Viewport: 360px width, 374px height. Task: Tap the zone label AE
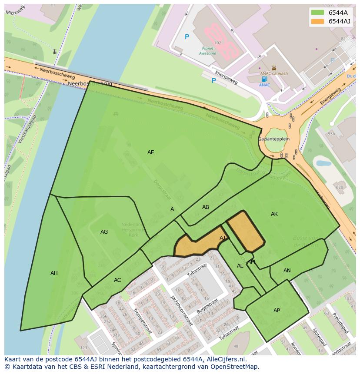pyautogui.click(x=150, y=152)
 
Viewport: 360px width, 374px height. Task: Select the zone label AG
pyautogui.click(x=104, y=232)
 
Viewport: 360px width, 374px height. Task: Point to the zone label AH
pyautogui.click(x=54, y=273)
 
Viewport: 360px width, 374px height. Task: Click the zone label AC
pyautogui.click(x=117, y=280)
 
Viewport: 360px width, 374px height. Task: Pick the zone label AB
pyautogui.click(x=206, y=207)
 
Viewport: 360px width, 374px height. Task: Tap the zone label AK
pyautogui.click(x=274, y=214)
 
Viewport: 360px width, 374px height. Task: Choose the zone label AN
pyautogui.click(x=287, y=271)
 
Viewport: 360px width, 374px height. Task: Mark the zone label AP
pyautogui.click(x=277, y=311)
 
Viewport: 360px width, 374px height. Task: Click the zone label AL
pyautogui.click(x=240, y=266)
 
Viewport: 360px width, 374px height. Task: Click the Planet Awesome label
pyautogui.click(x=207, y=51)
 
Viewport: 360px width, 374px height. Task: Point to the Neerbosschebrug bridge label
pyautogui.click(x=90, y=83)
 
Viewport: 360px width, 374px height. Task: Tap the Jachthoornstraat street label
pyautogui.click(x=181, y=311)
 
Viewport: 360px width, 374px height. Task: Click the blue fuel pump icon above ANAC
pyautogui.click(x=264, y=79)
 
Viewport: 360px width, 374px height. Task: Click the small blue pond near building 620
pyautogui.click(x=323, y=164)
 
